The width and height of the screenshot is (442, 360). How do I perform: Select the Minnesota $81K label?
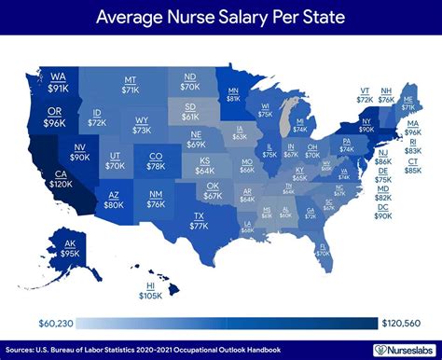tap(233, 93)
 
